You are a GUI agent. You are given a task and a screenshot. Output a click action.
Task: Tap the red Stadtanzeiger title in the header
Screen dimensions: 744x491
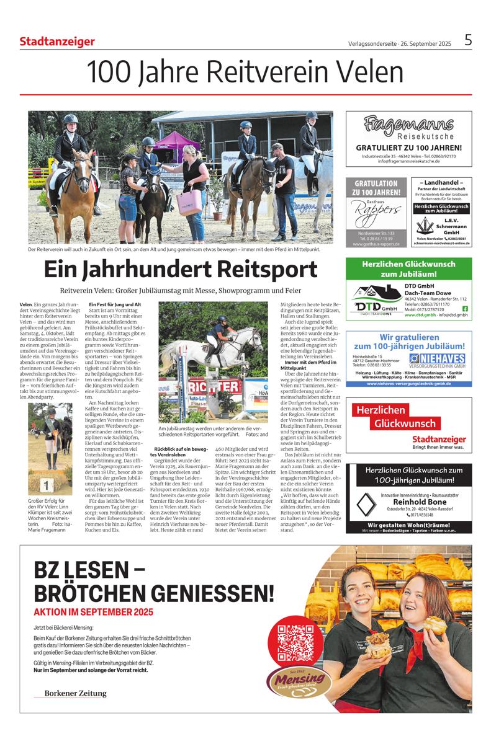57,42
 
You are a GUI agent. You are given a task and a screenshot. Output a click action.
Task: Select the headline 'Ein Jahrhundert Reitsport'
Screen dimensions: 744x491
181,270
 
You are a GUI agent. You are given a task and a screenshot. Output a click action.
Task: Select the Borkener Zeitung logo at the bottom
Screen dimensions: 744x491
74,693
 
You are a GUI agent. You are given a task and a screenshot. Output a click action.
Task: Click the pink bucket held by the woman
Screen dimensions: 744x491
189,200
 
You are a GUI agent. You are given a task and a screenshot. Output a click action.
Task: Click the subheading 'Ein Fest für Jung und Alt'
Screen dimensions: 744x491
115,304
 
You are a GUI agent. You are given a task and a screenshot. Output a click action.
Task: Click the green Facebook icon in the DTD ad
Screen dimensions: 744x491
466,309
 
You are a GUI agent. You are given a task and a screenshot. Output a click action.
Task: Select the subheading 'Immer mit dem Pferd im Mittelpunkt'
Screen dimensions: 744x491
308,365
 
